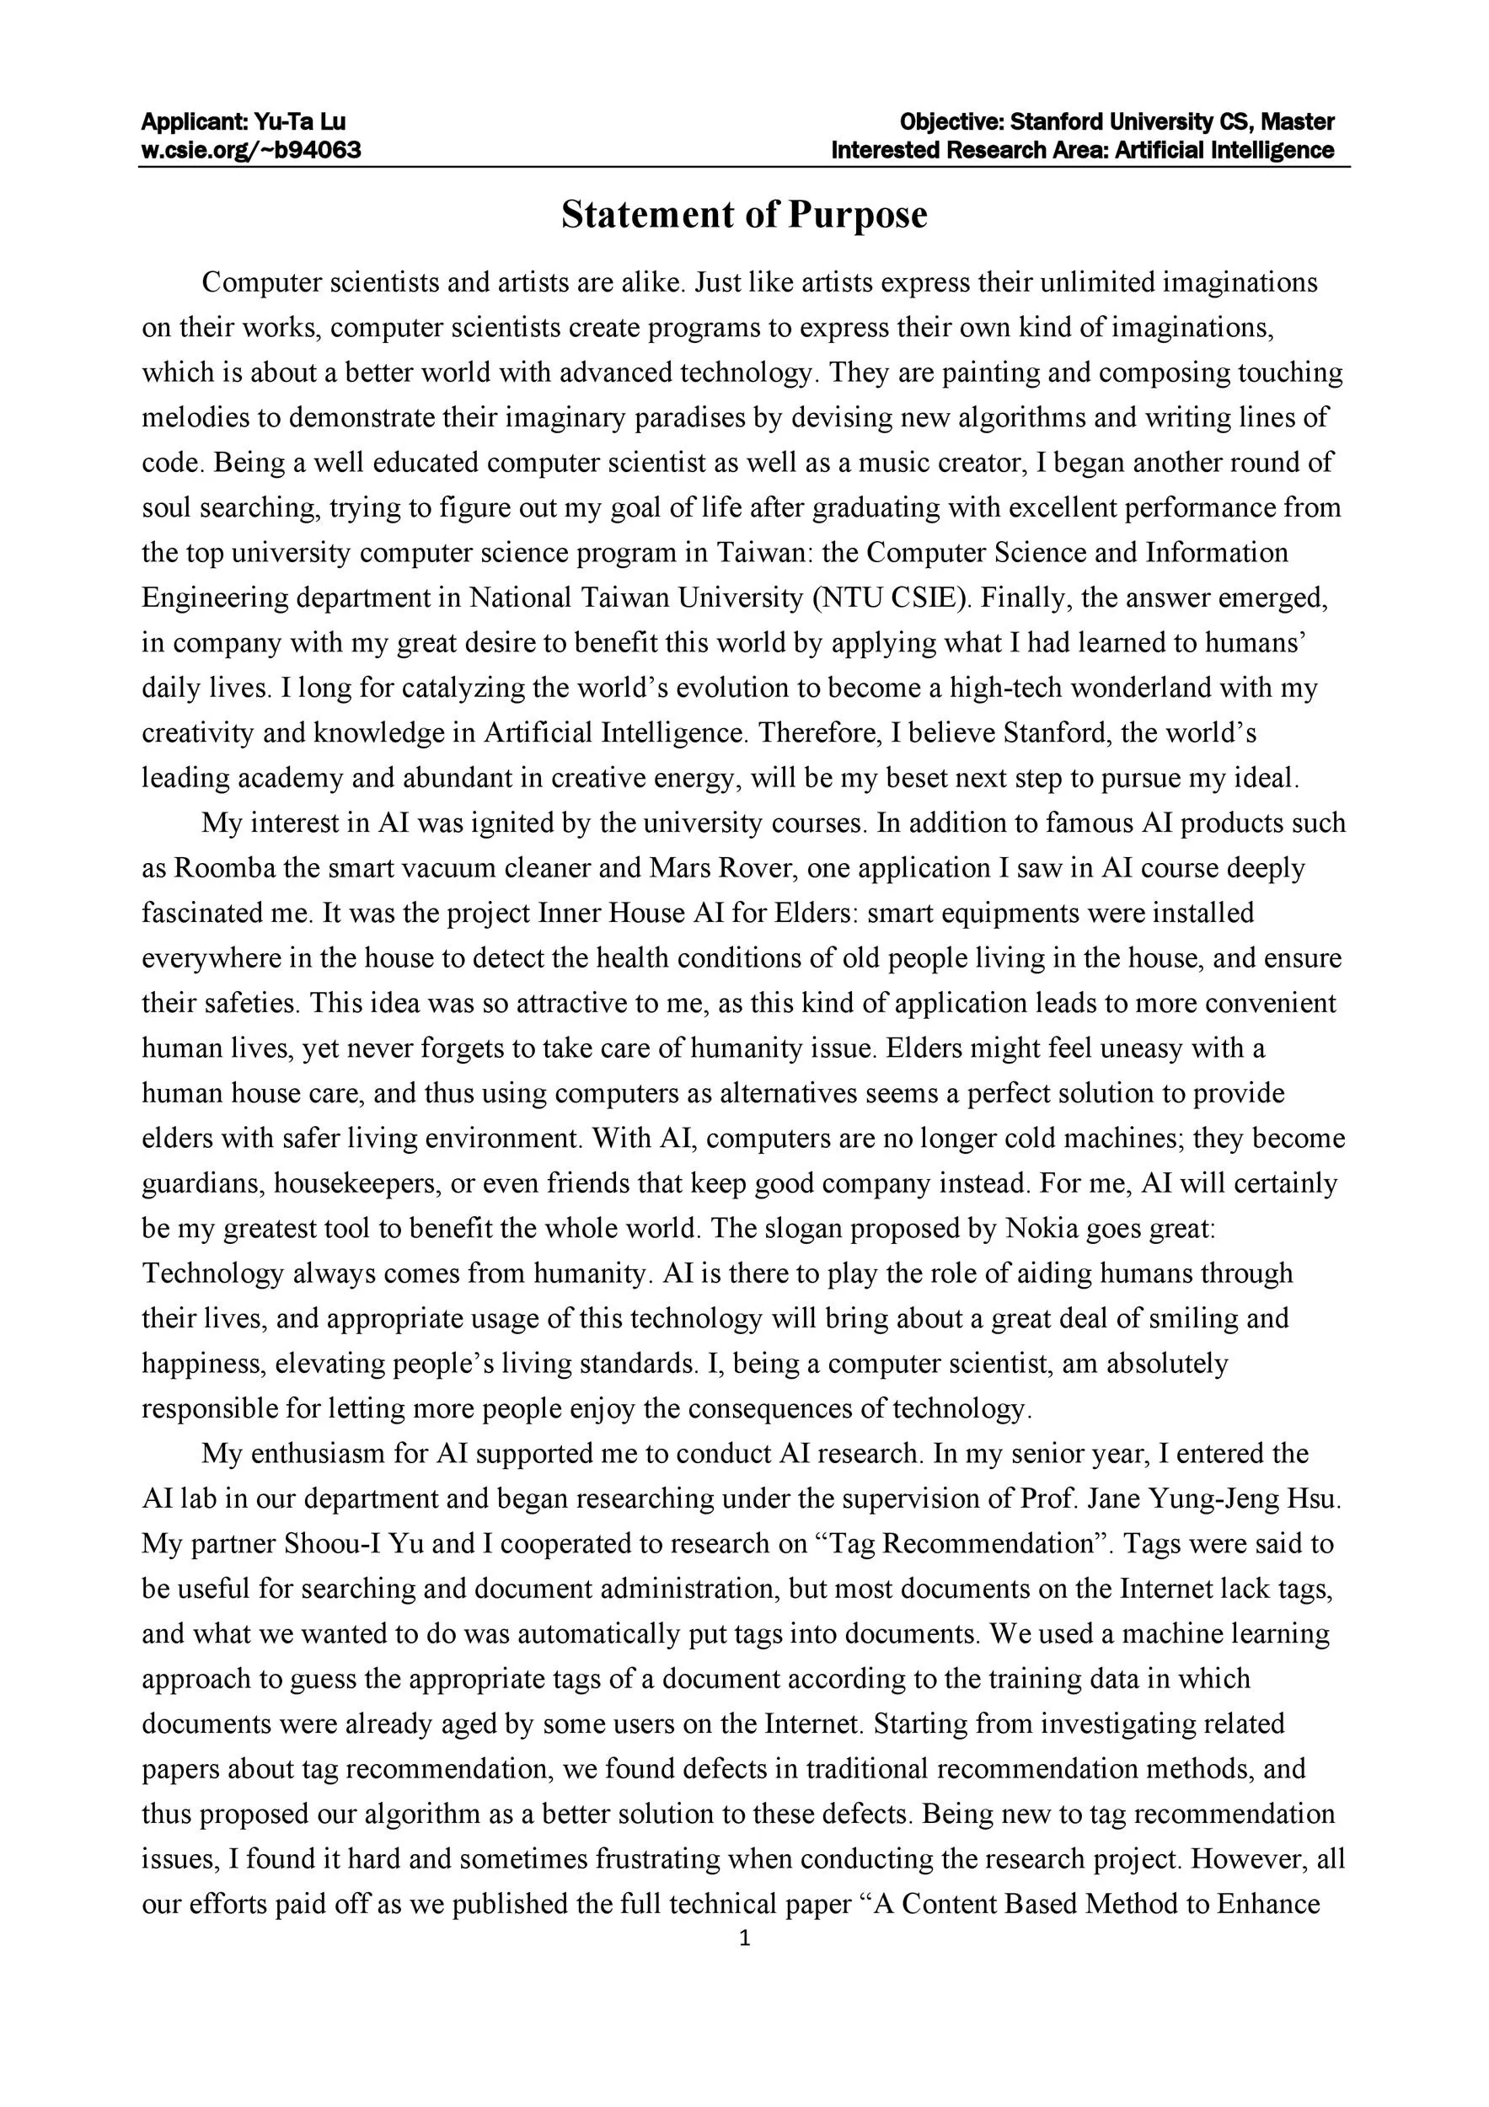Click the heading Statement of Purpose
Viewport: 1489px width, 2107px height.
click(x=744, y=215)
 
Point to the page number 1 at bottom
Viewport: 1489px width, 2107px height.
click(x=744, y=1938)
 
